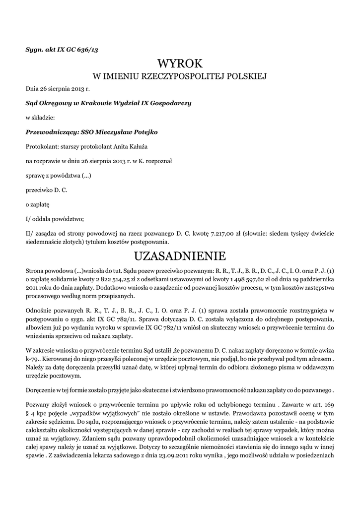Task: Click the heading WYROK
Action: point(180,63)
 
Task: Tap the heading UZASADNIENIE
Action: point(180,256)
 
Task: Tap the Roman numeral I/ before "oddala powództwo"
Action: point(28,219)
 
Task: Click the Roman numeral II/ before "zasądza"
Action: point(29,234)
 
